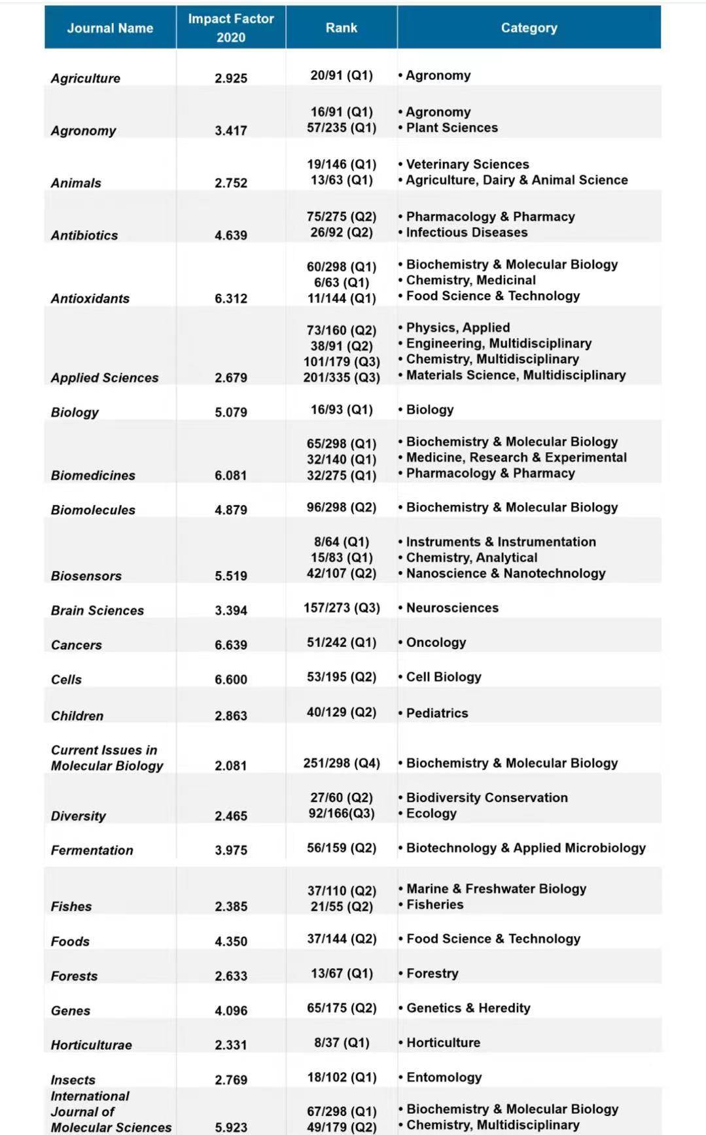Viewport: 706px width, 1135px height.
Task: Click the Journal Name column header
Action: (x=110, y=28)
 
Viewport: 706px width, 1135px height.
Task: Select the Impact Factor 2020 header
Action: (x=231, y=28)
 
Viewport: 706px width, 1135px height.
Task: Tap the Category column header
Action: (x=529, y=28)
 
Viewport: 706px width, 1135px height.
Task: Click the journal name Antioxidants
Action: (x=90, y=298)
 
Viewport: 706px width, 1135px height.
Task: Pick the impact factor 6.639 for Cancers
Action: (x=231, y=644)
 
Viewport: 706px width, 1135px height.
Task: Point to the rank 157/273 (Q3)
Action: (x=342, y=607)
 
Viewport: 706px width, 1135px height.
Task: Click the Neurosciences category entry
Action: (x=451, y=608)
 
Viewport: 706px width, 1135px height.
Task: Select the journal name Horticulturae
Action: (x=92, y=1045)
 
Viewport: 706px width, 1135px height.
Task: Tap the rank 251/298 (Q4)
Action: (x=342, y=763)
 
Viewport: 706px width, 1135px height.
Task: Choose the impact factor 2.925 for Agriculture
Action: (x=231, y=78)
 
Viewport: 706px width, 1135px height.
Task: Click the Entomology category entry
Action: (x=444, y=1077)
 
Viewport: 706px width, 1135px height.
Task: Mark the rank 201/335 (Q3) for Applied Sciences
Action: (x=342, y=377)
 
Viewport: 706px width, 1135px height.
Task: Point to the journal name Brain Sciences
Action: (x=97, y=610)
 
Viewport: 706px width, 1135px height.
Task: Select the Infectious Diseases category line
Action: (x=466, y=232)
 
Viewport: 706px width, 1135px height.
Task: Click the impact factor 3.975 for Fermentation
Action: (x=231, y=850)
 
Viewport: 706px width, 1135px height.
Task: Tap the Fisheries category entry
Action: (x=434, y=904)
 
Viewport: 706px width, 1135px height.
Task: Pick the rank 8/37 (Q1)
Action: (x=342, y=1042)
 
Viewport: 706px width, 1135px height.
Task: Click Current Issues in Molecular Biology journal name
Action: (x=107, y=758)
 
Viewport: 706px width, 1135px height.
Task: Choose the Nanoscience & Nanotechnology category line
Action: (x=505, y=573)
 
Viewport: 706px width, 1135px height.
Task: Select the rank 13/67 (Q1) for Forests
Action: (x=342, y=973)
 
